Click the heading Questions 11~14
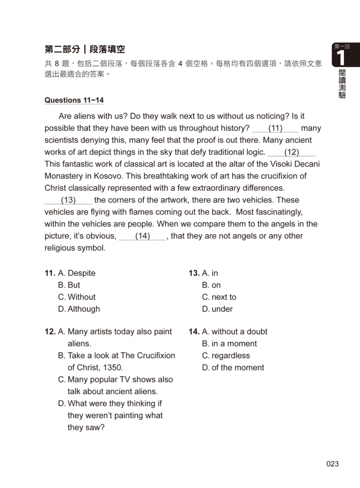tap(74, 100)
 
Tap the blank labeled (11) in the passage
tap(275, 128)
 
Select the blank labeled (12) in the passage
tap(292, 152)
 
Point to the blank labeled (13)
tap(68, 200)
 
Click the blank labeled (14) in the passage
tap(142, 236)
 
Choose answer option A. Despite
tap(77, 273)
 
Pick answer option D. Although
tap(79, 309)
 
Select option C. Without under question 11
tap(77, 297)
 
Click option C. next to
tap(219, 297)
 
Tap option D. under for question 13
tap(217, 309)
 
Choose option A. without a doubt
tap(235, 331)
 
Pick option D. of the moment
tap(233, 368)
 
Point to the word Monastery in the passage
tap(63, 176)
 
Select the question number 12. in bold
tap(50, 331)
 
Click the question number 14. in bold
tap(194, 331)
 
